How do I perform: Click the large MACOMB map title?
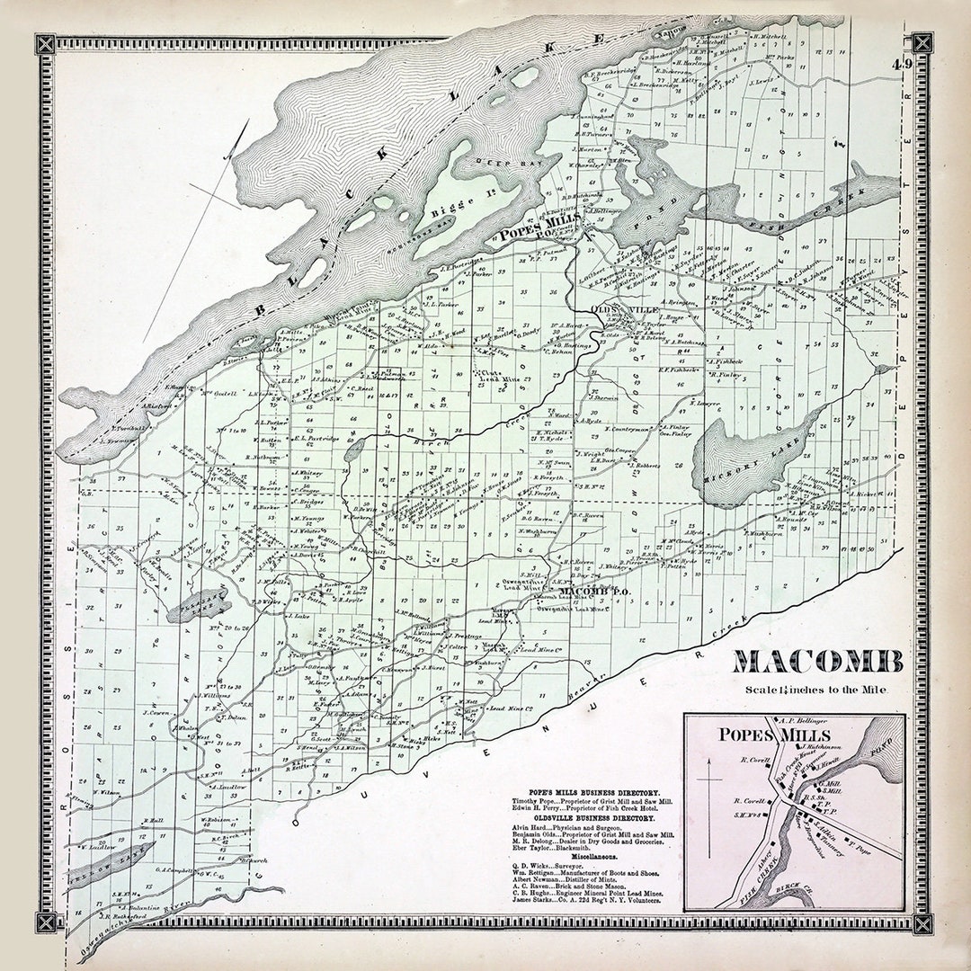817,663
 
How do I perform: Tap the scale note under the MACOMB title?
816,690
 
